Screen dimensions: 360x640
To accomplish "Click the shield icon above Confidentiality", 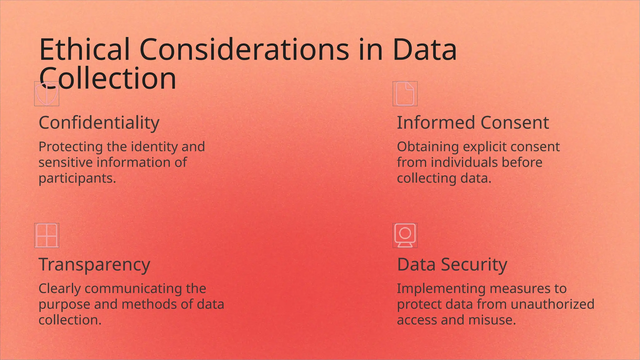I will pos(47,94).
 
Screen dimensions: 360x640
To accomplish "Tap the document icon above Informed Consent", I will pos(405,94).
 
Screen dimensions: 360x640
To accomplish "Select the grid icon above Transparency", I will pos(47,236).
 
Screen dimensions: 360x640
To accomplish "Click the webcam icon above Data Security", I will pos(405,236).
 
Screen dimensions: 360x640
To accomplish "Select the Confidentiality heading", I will pos(99,122).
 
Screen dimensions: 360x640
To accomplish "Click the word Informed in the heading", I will pos(436,122).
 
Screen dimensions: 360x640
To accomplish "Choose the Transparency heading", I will pos(94,264).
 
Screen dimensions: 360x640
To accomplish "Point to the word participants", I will pos(77,179).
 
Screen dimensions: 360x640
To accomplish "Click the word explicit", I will pos(489,147).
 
